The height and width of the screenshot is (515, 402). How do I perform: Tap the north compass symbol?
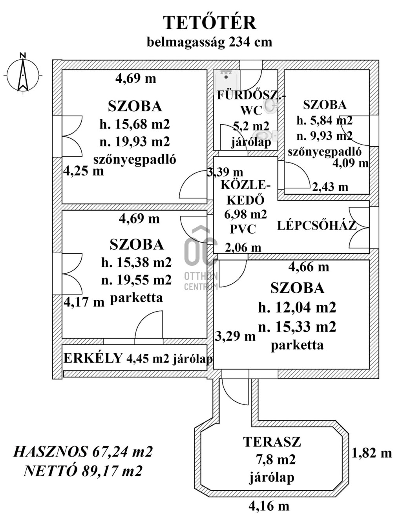pos(23,74)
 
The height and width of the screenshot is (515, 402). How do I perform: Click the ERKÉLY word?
pos(93,358)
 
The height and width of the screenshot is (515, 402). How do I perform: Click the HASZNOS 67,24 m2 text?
pos(83,452)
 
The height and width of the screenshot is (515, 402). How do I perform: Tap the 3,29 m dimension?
pos(235,336)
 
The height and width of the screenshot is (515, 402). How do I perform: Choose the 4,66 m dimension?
pos(309,267)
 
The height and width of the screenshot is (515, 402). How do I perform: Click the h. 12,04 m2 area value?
pos(297,308)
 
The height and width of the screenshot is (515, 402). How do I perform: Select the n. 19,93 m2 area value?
pos(135,142)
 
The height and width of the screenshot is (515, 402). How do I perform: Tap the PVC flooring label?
pos(243,229)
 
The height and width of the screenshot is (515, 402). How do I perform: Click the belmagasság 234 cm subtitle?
pos(210,43)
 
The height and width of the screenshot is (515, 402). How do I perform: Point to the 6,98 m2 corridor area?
pos(246,214)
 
